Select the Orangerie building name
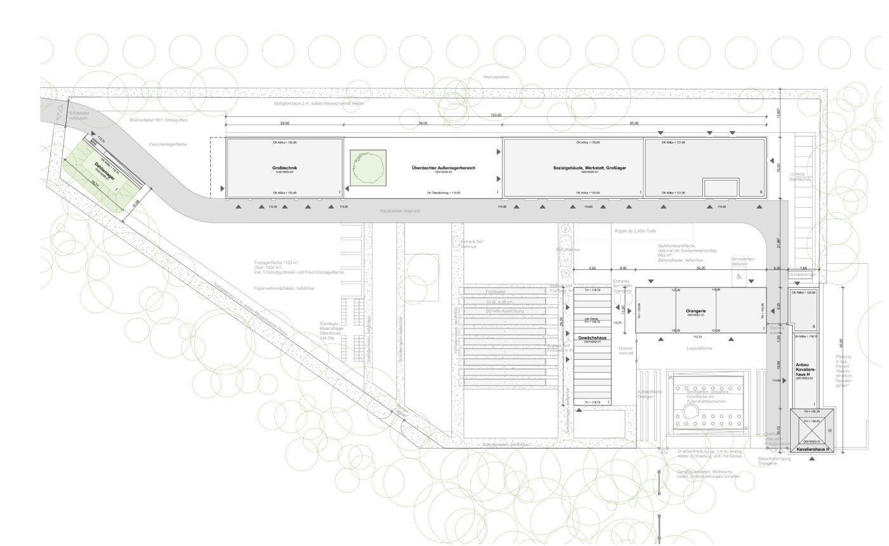click(x=696, y=311)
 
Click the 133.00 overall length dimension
click(x=496, y=116)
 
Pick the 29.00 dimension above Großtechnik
click(x=284, y=123)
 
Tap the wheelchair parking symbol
click(x=739, y=277)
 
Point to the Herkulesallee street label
click(x=497, y=77)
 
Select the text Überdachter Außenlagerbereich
click(x=443, y=168)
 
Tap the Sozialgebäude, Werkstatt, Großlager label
click(x=590, y=168)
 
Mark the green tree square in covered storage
click(x=368, y=168)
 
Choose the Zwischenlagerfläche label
click(x=168, y=144)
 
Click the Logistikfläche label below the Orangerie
click(x=700, y=348)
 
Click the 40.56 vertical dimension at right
click(x=841, y=343)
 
